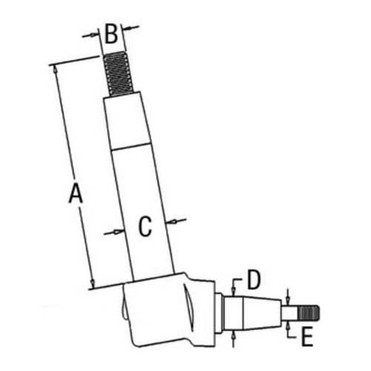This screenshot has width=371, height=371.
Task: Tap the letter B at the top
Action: [111, 33]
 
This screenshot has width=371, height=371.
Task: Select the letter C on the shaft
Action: [145, 226]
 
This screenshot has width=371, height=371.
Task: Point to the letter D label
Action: [253, 280]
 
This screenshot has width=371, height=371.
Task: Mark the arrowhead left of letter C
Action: [117, 232]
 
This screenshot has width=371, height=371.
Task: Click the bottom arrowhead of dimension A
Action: [92, 284]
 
